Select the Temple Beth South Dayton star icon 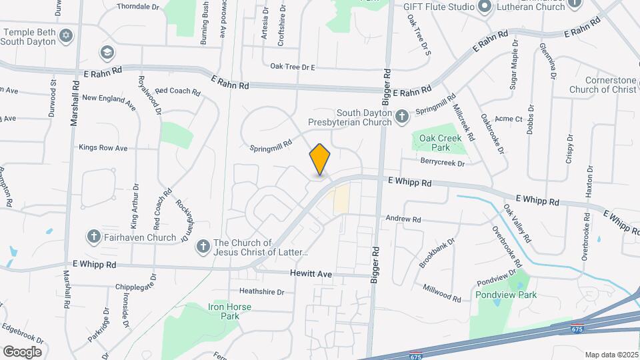(65, 35)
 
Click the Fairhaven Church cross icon (94, 237)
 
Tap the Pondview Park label (506, 295)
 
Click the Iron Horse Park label (224, 311)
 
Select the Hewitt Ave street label (311, 274)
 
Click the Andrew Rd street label (403, 219)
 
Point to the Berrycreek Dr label (442, 161)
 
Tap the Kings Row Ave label (103, 147)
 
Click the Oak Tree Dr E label (292, 67)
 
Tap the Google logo (22, 351)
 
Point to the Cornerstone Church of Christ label (603, 85)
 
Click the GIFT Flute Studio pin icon (485, 7)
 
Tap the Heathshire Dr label (262, 292)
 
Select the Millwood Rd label (441, 293)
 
